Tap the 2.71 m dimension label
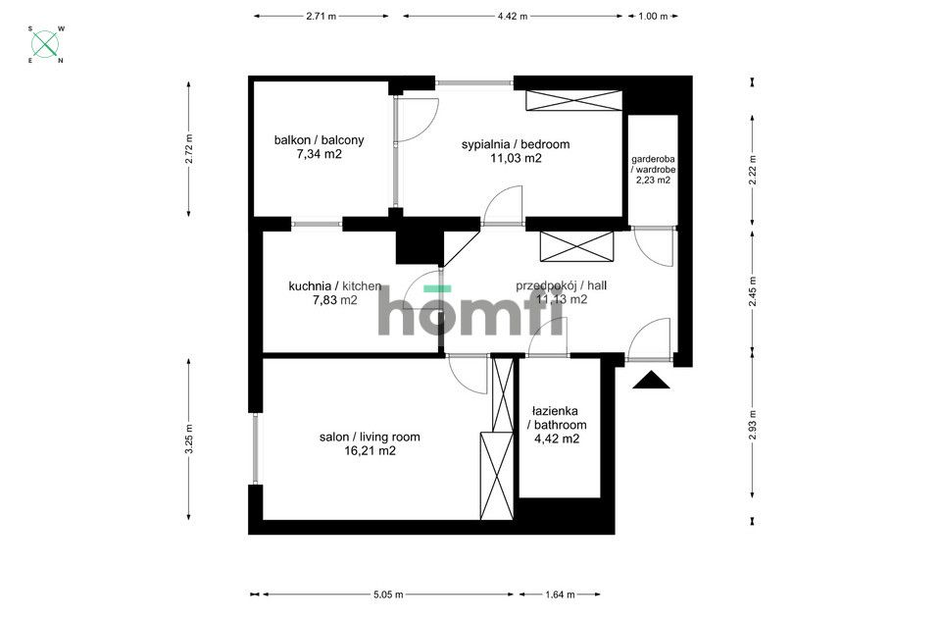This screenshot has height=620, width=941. pyautogui.click(x=321, y=16)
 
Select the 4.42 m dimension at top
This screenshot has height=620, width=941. pyautogui.click(x=512, y=16)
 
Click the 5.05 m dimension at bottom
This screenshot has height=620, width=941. pyautogui.click(x=387, y=594)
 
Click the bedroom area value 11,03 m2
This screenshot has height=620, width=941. pyautogui.click(x=516, y=159)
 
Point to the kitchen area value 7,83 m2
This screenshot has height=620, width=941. pyautogui.click(x=334, y=301)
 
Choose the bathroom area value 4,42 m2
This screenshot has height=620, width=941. pyautogui.click(x=557, y=439)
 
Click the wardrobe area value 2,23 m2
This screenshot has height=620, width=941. pyautogui.click(x=653, y=181)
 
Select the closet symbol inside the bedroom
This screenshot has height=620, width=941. pyautogui.click(x=573, y=100)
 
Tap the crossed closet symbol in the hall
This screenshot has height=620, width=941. pyautogui.click(x=576, y=246)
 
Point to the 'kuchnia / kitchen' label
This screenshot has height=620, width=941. pyautogui.click(x=334, y=286)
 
